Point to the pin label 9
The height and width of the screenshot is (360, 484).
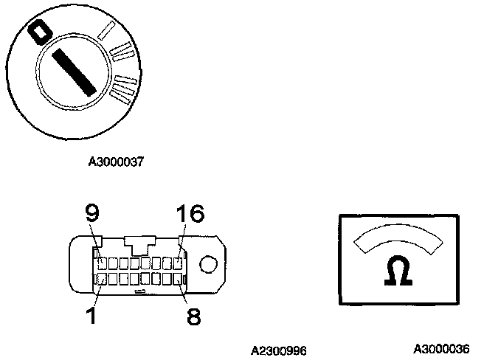tap(91, 215)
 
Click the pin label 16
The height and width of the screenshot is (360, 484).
tap(190, 215)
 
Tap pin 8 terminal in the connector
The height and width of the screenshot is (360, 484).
tap(177, 279)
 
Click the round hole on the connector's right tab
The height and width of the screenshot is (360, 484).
tap(209, 264)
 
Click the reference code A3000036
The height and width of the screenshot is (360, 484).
tap(440, 348)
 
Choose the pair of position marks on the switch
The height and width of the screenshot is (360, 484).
tap(122, 52)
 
